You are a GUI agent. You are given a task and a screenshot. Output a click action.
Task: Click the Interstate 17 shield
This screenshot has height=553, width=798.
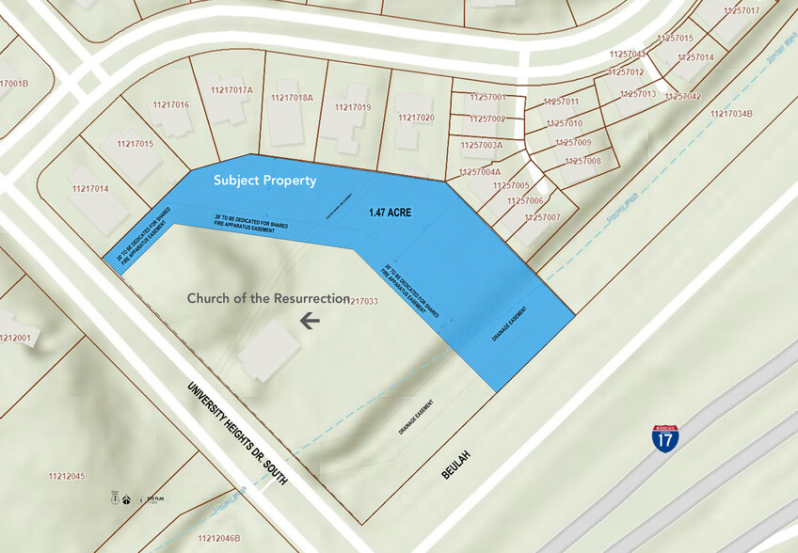(665, 437)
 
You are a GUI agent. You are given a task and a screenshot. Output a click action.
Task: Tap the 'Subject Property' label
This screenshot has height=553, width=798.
(264, 181)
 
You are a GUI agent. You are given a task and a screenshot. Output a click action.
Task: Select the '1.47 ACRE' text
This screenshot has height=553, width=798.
(391, 213)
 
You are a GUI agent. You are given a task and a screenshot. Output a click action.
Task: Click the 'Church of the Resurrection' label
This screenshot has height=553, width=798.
(268, 298)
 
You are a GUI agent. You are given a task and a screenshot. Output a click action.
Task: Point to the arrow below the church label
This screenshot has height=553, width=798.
(310, 321)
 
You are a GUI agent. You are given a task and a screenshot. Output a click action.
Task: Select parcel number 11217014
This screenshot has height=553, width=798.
(88, 189)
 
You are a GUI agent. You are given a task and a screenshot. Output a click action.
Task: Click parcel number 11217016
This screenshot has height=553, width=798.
(170, 104)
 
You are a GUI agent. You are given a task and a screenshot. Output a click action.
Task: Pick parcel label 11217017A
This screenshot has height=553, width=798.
(231, 90)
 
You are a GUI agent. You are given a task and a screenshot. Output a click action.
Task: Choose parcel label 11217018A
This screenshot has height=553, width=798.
(292, 97)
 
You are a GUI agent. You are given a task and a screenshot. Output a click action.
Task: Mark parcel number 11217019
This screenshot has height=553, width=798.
(353, 107)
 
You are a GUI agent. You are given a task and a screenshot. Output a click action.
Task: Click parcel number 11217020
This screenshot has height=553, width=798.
(416, 118)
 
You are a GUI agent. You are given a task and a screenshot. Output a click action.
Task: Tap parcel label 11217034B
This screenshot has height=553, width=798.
(732, 115)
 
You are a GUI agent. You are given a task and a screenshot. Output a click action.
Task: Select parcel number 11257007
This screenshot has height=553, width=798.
(541, 217)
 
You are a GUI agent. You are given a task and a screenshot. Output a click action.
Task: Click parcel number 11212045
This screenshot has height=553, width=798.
(66, 476)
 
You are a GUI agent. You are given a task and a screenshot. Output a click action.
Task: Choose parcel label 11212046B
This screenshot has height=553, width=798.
(220, 538)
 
